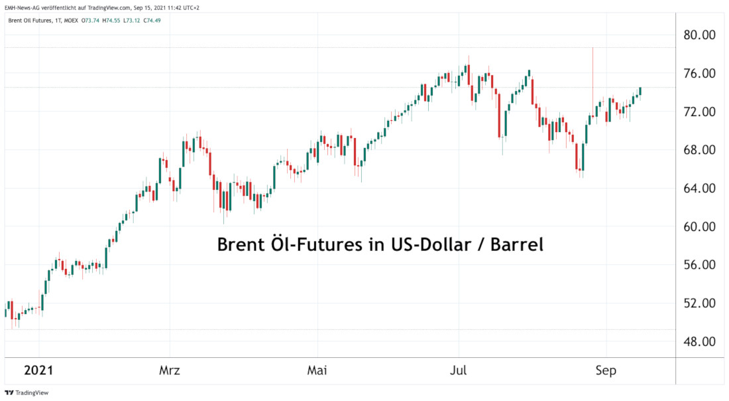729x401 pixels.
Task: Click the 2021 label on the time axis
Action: tap(39, 370)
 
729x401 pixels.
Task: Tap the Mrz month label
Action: tap(170, 370)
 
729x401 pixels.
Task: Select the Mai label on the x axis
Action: tap(317, 370)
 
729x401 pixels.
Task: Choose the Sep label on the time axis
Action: tap(606, 370)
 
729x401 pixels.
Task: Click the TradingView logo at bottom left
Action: tap(27, 392)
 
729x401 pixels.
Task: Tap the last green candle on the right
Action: tap(640, 92)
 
